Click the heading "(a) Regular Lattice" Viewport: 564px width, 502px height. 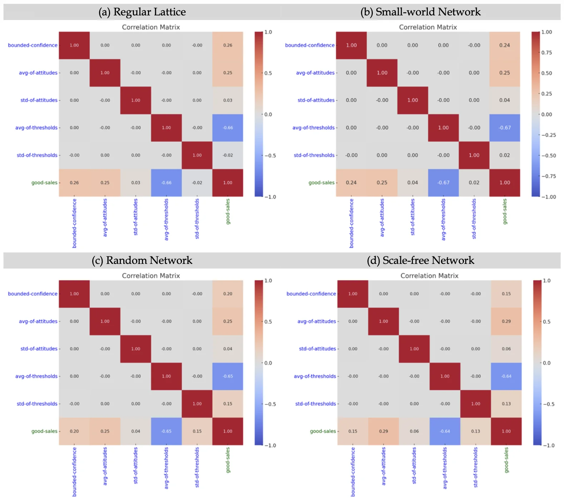[x=142, y=12]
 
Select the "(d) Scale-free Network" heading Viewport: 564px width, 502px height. [x=420, y=260]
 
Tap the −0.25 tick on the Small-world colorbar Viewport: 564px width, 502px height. [x=548, y=135]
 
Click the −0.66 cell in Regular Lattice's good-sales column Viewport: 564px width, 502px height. [x=228, y=128]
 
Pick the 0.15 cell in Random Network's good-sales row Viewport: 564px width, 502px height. [x=197, y=431]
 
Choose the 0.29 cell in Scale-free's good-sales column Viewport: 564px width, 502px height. [x=506, y=321]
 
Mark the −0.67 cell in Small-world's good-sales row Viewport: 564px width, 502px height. [x=443, y=183]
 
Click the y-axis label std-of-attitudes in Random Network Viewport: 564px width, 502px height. [x=39, y=349]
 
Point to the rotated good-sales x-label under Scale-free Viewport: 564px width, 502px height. [x=506, y=460]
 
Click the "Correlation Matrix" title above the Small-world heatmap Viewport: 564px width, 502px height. [x=428, y=27]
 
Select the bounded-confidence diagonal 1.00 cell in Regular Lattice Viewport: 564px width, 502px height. [x=74, y=45]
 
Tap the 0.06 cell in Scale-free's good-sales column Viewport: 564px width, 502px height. [x=506, y=349]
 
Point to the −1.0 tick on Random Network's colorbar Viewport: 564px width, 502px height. [x=270, y=446]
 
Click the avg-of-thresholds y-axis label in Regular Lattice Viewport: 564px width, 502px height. [x=36, y=128]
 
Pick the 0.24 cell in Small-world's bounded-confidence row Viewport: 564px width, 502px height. [x=505, y=45]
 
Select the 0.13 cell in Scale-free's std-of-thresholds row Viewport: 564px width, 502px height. [x=506, y=404]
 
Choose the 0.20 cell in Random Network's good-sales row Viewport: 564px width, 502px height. [x=74, y=431]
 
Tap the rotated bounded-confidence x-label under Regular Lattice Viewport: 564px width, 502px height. [x=74, y=223]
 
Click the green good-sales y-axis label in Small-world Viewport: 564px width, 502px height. [x=321, y=183]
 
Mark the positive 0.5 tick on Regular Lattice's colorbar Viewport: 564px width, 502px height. [x=268, y=73]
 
